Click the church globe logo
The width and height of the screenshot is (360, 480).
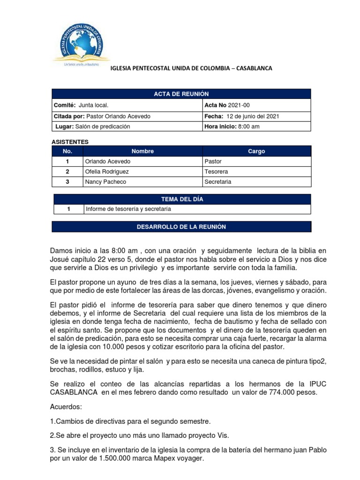point(82,41)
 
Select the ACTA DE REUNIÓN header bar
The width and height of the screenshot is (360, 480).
point(181,94)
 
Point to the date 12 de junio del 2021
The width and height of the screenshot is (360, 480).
point(253,116)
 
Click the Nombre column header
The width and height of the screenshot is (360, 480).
point(142,151)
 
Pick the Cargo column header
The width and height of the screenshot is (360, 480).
point(256,151)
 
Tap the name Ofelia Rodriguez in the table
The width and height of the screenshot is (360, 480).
point(107,172)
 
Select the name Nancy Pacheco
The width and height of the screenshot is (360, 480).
point(105,182)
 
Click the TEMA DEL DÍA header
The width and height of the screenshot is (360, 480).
point(182,199)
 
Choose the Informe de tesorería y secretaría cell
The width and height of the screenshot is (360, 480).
point(128,209)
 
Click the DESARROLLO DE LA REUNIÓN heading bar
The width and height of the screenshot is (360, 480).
point(181,227)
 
